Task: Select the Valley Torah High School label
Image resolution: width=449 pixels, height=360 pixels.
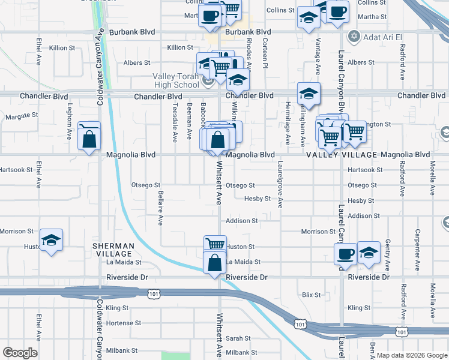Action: point(175,80)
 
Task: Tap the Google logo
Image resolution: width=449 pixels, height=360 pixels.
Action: point(20,353)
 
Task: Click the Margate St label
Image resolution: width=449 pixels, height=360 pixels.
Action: point(22,115)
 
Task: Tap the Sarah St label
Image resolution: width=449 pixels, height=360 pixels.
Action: point(238,338)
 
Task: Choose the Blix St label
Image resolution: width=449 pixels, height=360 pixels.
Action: point(312,295)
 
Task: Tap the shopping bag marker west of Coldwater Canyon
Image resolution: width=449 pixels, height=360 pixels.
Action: point(89,139)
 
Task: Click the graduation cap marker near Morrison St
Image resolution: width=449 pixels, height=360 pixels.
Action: point(52,241)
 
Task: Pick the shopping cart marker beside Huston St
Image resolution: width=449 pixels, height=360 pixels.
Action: point(215,244)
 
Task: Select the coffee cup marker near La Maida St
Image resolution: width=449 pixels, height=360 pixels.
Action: point(345,253)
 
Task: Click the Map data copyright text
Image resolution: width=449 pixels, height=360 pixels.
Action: point(412,355)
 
